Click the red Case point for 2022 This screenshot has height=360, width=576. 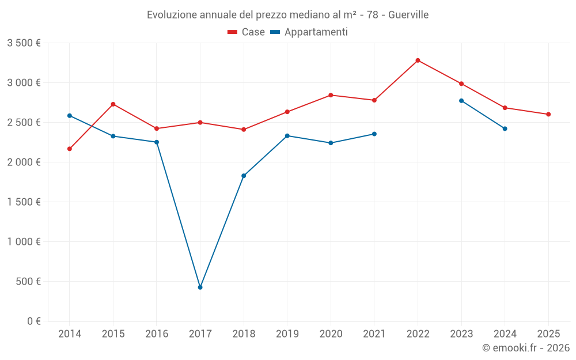[418, 60]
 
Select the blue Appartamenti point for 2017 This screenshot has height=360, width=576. [200, 287]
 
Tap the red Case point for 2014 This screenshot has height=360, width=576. [70, 149]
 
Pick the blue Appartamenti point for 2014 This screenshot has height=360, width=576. [70, 116]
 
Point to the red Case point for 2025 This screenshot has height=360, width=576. [548, 115]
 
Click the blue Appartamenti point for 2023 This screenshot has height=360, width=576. [461, 101]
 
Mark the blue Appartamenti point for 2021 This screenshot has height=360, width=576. [374, 134]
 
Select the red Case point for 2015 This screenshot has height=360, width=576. [113, 104]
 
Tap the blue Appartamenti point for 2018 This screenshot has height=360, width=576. [244, 176]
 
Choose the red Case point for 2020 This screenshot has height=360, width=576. [331, 95]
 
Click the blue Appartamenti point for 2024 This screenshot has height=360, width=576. [505, 128]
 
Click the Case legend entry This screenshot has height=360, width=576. [247, 32]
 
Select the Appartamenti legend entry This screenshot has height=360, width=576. [309, 32]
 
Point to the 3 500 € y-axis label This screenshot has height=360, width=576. [24, 43]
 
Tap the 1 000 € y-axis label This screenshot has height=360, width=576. [24, 242]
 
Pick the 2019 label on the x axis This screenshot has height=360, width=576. [287, 334]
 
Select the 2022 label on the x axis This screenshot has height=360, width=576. [418, 334]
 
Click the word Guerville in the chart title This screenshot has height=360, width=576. [408, 15]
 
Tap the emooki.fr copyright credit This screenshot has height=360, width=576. [526, 348]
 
